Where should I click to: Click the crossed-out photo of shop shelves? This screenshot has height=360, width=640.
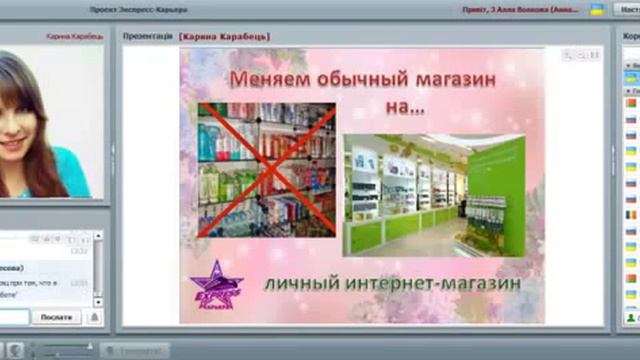[x=266, y=170]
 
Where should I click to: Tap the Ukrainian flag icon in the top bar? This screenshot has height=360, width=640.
[x=597, y=9]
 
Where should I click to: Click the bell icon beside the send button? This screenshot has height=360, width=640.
[x=94, y=317]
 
